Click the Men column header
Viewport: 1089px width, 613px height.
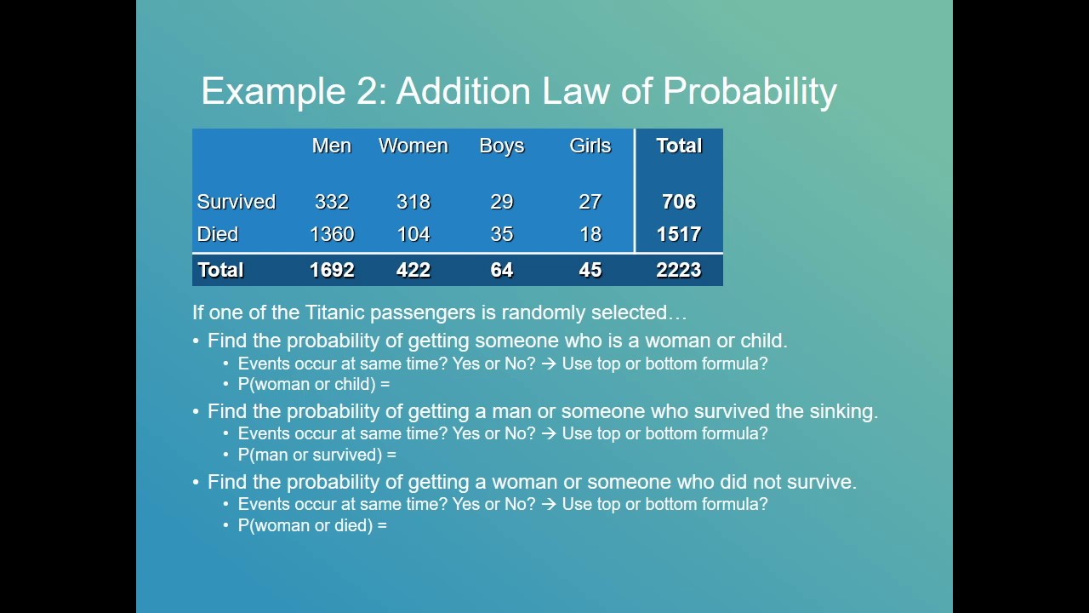coord(331,146)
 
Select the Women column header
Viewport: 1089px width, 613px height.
coord(413,146)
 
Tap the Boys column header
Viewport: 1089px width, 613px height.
coord(501,146)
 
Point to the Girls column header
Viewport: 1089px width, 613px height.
coord(590,146)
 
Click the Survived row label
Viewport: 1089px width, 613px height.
coord(236,202)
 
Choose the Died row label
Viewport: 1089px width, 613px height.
coord(217,234)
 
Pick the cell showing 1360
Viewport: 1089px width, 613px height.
coord(331,234)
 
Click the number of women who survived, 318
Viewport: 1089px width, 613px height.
coord(413,202)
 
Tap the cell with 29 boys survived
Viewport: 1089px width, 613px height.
coord(501,202)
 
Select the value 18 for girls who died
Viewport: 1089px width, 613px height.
coord(590,234)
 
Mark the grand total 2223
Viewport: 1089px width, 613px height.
coord(678,270)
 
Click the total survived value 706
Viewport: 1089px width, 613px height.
coord(678,202)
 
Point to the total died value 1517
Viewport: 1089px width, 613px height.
coord(678,234)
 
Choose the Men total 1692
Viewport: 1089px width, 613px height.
coord(331,270)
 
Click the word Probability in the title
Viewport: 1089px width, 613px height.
coord(750,92)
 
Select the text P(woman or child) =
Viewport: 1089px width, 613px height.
coord(313,384)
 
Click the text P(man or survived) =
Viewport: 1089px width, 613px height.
coord(316,455)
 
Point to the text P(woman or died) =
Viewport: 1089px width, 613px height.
coord(312,525)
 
